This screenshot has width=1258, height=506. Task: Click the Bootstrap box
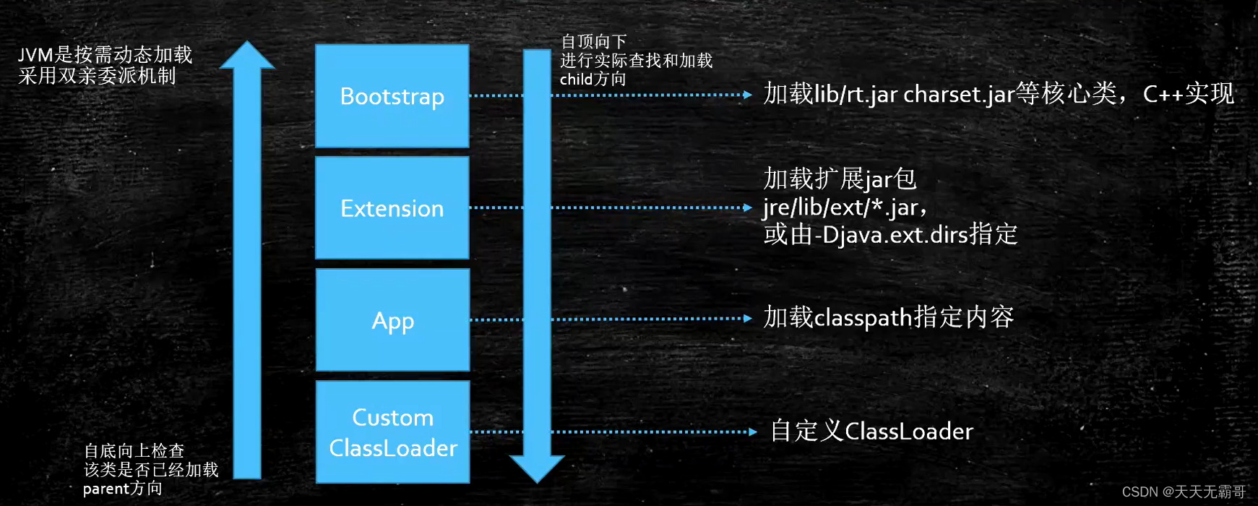(392, 96)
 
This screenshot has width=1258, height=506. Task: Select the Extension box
(392, 208)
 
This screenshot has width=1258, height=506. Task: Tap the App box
(392, 320)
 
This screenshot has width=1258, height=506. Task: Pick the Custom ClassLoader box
(392, 432)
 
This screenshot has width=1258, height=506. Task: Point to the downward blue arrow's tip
(537, 481)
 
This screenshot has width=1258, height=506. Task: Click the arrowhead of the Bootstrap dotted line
(748, 95)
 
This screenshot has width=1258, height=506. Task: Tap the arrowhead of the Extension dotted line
(748, 207)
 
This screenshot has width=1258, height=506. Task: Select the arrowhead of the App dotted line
(748, 318)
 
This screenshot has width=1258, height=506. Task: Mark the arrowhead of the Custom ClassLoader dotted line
(753, 432)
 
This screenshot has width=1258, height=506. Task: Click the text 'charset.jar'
(959, 95)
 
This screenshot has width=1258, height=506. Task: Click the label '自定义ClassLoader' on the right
(871, 432)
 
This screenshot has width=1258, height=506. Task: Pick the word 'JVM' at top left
(35, 55)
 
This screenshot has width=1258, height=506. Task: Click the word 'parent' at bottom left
(105, 489)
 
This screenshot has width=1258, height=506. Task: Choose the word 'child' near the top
(576, 80)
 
